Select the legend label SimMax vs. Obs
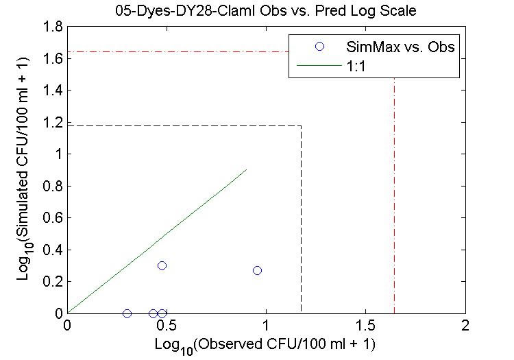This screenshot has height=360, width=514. pyautogui.click(x=408, y=47)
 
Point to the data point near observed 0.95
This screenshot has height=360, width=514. pyautogui.click(x=257, y=270)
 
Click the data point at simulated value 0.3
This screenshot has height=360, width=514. pyautogui.click(x=162, y=265)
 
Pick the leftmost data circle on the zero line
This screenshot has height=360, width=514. pyautogui.click(x=127, y=313)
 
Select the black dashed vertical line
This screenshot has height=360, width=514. pyautogui.click(x=302, y=219)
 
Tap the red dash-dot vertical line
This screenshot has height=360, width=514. pyautogui.click(x=394, y=206)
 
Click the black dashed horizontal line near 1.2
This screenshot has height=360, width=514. pyautogui.click(x=185, y=125)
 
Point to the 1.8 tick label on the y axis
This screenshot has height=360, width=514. pyautogui.click(x=53, y=27)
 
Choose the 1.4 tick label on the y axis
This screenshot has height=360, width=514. pyautogui.click(x=53, y=91)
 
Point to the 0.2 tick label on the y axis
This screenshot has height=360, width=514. pyautogui.click(x=53, y=281)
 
